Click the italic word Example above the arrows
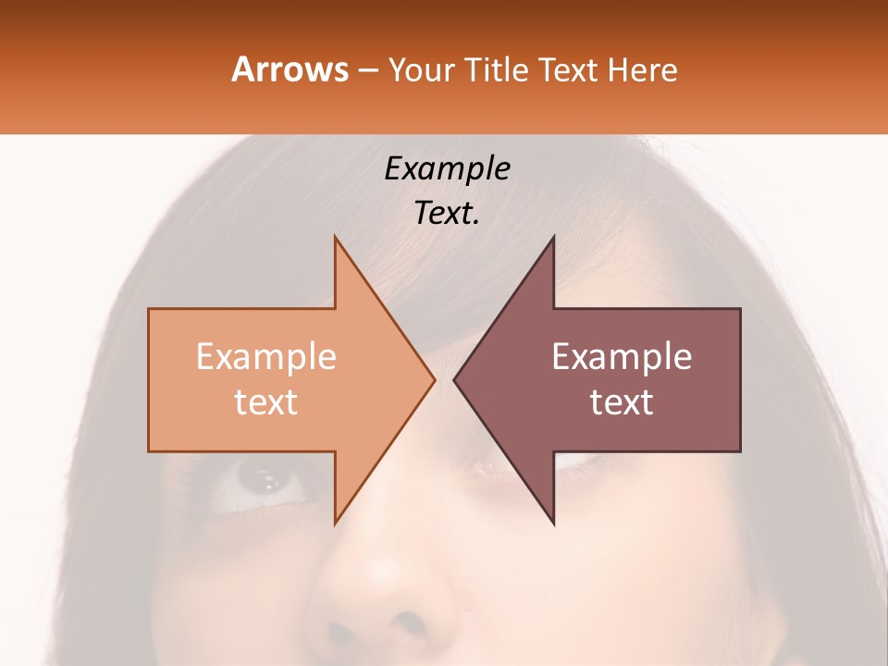[x=447, y=169]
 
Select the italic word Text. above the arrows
[x=447, y=214]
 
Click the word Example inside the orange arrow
[x=266, y=357]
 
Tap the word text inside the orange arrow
[x=266, y=402]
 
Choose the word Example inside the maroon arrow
[x=622, y=357]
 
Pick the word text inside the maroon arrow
[x=622, y=402]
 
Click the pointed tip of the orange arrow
[x=435, y=380]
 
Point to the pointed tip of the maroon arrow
[x=454, y=380]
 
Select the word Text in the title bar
[x=569, y=69]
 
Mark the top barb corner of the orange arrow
[x=335, y=237]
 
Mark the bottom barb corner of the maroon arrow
[x=553, y=524]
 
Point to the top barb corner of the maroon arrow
[x=553, y=237]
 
